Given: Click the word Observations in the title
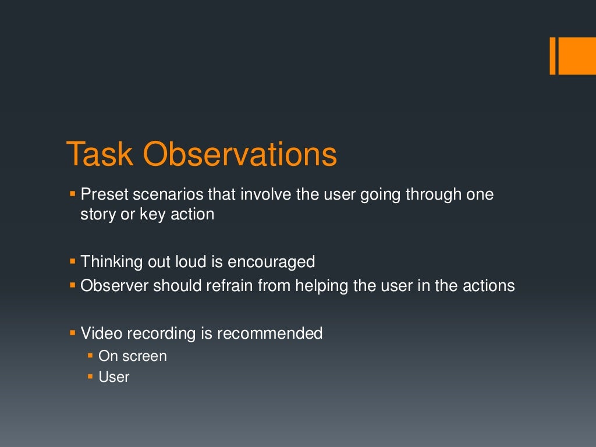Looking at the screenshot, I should coord(240,155).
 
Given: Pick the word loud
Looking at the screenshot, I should coord(190,262).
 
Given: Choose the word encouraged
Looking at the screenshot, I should coord(271,262).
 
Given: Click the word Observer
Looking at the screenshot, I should coord(115,286).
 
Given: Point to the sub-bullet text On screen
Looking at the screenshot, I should coord(133,356).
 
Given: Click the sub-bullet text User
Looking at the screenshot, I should coord(114,377).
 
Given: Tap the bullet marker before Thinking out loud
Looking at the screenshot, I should coord(73,262).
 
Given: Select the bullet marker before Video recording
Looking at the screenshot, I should coord(73,334).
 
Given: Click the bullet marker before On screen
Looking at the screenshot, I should coord(91,356).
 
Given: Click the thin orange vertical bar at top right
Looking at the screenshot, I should coord(553,56).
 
